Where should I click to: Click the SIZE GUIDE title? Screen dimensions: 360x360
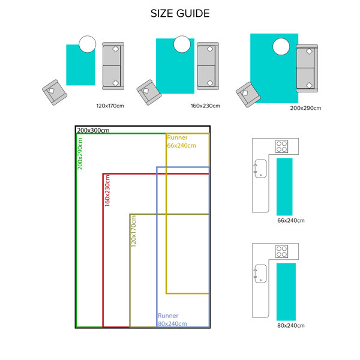pyautogui.click(x=180, y=13)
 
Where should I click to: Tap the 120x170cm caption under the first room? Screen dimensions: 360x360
pyautogui.click(x=110, y=106)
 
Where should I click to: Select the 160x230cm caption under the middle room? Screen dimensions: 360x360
pyautogui.click(x=206, y=106)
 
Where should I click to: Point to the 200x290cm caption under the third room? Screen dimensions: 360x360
pyautogui.click(x=305, y=109)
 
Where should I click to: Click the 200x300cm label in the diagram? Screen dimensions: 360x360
pyautogui.click(x=93, y=130)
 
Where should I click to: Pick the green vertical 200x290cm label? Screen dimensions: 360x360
pyautogui.click(x=80, y=153)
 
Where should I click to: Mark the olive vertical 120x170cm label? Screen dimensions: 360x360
pyautogui.click(x=134, y=231)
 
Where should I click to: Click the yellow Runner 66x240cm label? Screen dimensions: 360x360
pyautogui.click(x=181, y=142)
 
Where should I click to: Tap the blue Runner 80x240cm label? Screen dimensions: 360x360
pyautogui.click(x=172, y=320)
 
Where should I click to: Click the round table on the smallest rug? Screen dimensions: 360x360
pyautogui.click(x=88, y=44)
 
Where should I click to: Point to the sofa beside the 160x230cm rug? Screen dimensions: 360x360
pyautogui.click(x=208, y=66)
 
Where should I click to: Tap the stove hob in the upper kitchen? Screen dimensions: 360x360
pyautogui.click(x=282, y=146)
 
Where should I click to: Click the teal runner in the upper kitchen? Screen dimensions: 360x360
pyautogui.click(x=284, y=186)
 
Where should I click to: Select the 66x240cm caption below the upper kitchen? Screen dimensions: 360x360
pyautogui.click(x=291, y=221)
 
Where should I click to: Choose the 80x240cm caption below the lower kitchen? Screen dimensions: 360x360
pyautogui.click(x=291, y=326)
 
